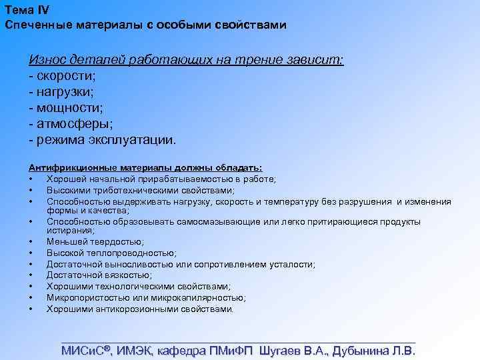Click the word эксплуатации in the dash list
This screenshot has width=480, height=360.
click(x=133, y=140)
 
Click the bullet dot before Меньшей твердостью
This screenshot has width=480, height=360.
click(x=31, y=242)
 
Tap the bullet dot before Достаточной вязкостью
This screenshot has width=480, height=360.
click(x=31, y=275)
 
